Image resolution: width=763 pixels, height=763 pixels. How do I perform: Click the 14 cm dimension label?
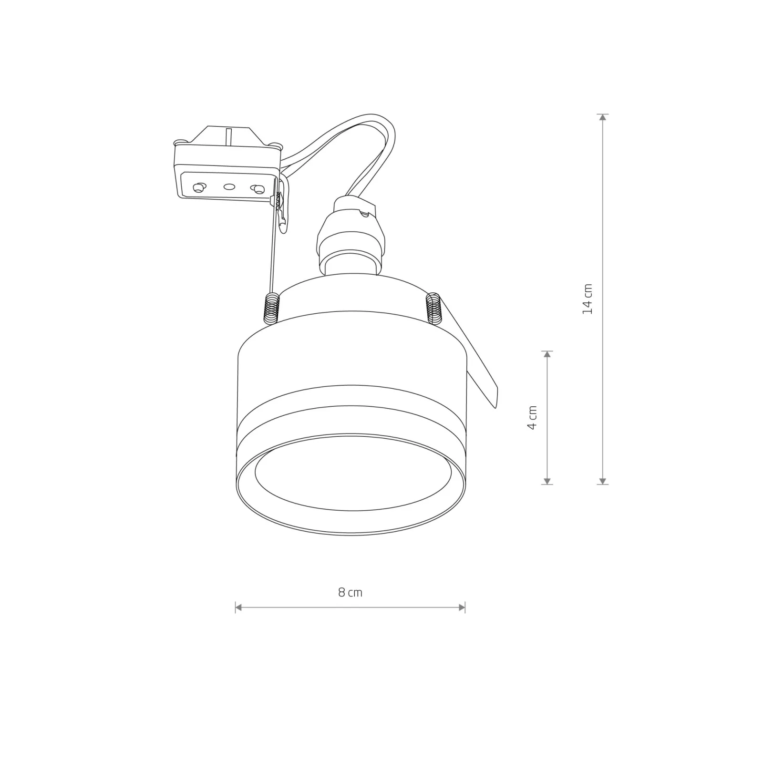coord(588,299)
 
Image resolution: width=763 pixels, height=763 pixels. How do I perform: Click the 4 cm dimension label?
coord(532,418)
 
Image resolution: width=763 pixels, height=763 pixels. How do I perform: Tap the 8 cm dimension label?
coord(350,592)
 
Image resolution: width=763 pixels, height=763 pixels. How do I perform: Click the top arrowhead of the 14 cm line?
coord(603,118)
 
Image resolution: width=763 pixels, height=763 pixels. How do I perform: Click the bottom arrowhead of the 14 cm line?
coord(603,481)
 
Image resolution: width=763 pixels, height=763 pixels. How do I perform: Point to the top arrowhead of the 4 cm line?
coord(547,354)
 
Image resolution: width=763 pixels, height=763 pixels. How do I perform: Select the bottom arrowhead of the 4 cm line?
coord(547,481)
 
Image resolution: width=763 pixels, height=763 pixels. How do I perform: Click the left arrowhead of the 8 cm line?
coord(239,608)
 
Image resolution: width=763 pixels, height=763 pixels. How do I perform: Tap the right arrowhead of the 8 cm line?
coord(461,608)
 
